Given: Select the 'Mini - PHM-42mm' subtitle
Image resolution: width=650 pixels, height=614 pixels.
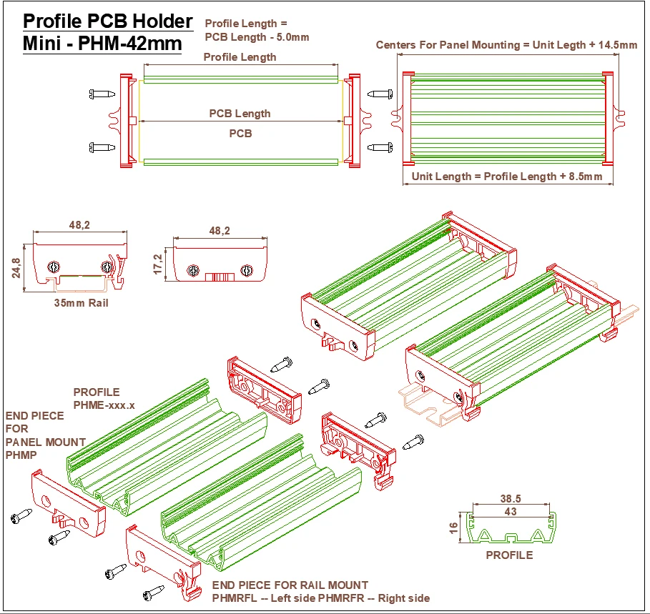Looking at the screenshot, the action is [102, 44].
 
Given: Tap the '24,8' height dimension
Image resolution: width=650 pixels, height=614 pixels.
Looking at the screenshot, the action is [16, 268].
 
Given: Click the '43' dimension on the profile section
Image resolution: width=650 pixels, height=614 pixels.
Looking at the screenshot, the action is [510, 512].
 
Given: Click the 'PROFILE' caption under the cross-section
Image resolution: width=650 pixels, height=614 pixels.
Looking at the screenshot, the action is [509, 555].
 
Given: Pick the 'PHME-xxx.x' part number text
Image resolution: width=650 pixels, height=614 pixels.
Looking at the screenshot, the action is [104, 405].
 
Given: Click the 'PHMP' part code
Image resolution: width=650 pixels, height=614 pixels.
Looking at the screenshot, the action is [21, 455].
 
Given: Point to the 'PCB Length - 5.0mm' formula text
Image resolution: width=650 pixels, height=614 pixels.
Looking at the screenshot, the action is [257, 37].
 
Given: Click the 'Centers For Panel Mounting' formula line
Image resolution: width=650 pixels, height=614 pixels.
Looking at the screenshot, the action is [506, 45].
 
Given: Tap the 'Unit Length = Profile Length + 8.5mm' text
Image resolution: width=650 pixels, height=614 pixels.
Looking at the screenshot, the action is [506, 177].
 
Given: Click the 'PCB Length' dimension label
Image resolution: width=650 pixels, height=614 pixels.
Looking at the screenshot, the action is [240, 114].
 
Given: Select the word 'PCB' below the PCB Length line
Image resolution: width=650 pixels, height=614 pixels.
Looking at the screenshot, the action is [240, 133].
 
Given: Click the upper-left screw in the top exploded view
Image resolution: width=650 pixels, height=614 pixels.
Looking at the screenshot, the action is [102, 94].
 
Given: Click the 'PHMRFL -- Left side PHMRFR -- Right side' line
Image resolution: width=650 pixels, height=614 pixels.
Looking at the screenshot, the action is [321, 598].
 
